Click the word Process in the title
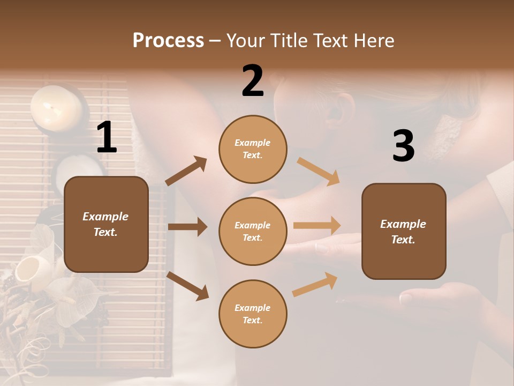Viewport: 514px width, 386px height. pos(168,40)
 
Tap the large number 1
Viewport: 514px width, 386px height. pos(107,138)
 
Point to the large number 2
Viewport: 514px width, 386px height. pos(253,81)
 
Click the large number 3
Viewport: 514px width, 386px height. pos(403,146)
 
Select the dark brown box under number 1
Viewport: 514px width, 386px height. pos(106,224)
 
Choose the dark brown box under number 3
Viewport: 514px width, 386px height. pos(404,231)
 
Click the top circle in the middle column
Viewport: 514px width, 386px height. pos(253,149)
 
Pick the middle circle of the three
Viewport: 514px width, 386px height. pos(253,231)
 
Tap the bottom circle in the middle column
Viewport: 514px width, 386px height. pos(253,314)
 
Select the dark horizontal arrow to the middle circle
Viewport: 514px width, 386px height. pos(187,227)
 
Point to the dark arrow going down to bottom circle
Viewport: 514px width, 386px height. pos(187,286)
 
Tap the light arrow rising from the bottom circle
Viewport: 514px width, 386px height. pos(315,284)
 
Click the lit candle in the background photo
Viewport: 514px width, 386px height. pos(56,108)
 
